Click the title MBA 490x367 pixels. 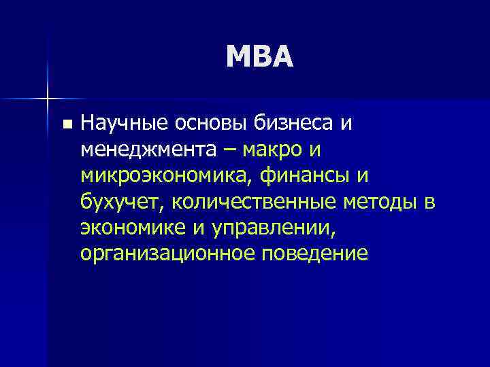(x=261, y=57)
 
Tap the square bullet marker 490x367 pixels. (x=65, y=124)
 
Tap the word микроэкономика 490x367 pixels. (x=163, y=175)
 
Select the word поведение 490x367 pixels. (x=319, y=254)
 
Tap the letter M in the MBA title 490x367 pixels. (x=240, y=57)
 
